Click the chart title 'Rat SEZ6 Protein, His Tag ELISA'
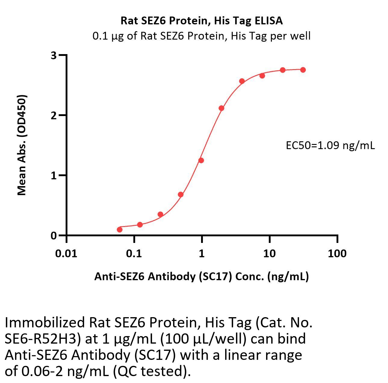click(201, 20)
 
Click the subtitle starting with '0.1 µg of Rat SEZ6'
click(201, 36)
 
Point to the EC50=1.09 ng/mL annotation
click(330, 146)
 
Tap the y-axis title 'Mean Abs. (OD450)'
click(22, 145)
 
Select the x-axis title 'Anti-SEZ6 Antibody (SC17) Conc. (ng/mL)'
click(201, 276)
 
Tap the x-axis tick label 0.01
click(66, 253)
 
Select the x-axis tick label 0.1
click(134, 253)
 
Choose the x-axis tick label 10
click(269, 253)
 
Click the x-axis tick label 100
click(337, 253)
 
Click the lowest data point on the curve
click(120, 230)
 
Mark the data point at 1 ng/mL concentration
click(201, 161)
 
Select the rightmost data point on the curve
click(303, 70)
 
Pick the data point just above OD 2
click(221, 108)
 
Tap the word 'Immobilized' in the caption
click(45, 323)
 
